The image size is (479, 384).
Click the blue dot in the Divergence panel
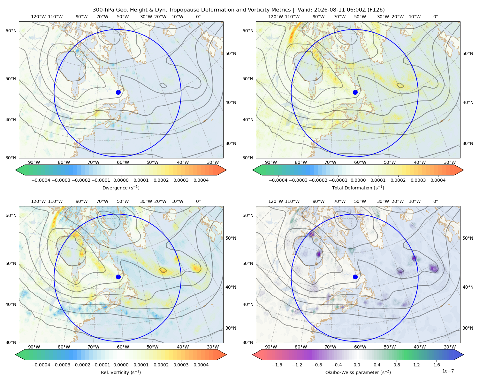(118, 92)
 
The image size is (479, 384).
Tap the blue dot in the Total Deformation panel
(355, 92)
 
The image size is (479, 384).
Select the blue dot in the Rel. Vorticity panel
(118, 277)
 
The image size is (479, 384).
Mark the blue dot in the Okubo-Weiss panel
(355, 277)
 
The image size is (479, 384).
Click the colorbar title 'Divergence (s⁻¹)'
(121, 188)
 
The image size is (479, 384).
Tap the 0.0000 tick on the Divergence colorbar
(121, 180)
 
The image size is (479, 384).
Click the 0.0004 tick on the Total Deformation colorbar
(438, 180)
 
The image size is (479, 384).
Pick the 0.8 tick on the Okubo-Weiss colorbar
(397, 364)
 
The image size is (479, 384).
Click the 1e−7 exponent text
(448, 371)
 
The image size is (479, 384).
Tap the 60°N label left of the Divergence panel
(11, 31)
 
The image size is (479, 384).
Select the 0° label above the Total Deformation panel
(435, 17)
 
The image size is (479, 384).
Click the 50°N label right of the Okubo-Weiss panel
(468, 238)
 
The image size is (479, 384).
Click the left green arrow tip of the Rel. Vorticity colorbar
(16, 355)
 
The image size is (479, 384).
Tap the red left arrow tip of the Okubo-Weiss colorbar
(253, 355)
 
